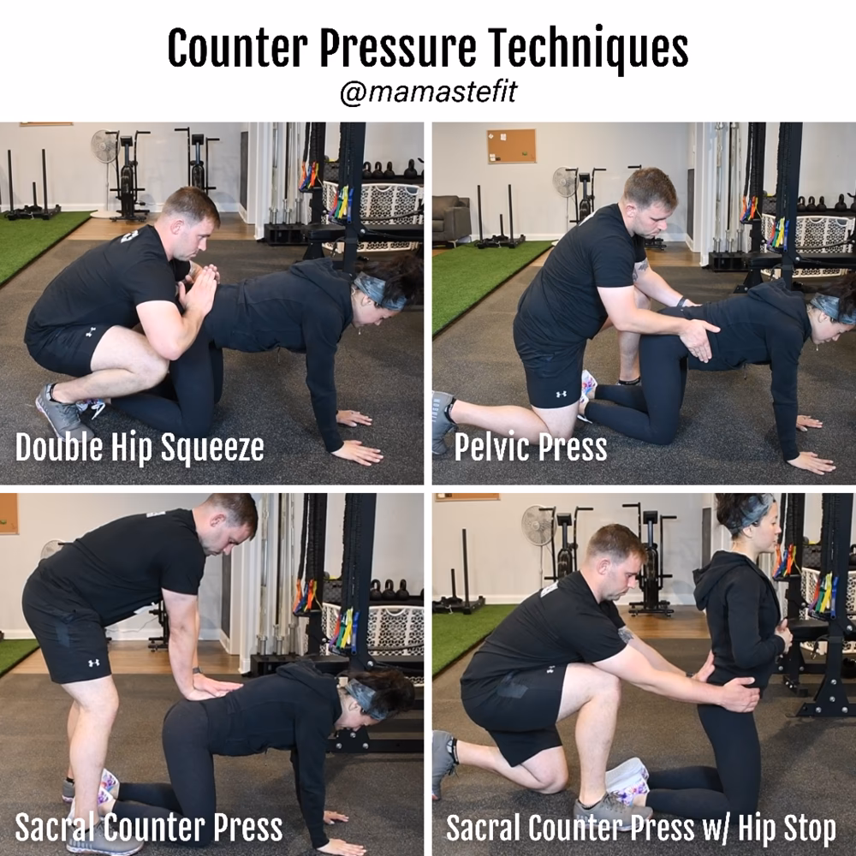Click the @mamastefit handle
click(x=428, y=92)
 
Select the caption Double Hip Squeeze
click(x=140, y=449)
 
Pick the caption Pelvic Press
click(x=531, y=448)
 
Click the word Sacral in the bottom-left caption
click(x=56, y=827)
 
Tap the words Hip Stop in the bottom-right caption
click(x=787, y=829)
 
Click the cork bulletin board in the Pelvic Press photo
click(x=512, y=146)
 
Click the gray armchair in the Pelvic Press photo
click(x=451, y=217)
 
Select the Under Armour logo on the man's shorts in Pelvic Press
click(x=561, y=394)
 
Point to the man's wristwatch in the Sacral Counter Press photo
click(x=196, y=670)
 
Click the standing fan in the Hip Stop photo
click(x=538, y=540)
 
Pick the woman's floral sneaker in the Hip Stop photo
click(x=627, y=781)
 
